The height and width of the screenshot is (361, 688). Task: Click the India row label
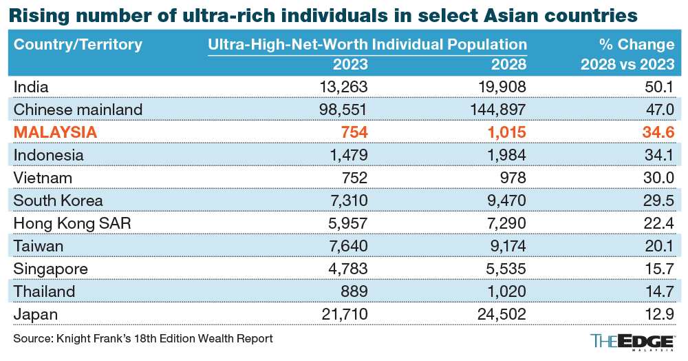point(32,87)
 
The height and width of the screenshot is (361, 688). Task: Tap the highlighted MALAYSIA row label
point(56,132)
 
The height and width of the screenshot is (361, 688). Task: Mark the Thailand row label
point(44,291)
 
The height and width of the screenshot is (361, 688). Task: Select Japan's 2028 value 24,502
point(499,314)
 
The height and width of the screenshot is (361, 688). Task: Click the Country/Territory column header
point(78,45)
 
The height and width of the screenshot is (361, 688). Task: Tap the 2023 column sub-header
point(350,65)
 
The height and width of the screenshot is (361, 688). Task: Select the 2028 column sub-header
point(509,65)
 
